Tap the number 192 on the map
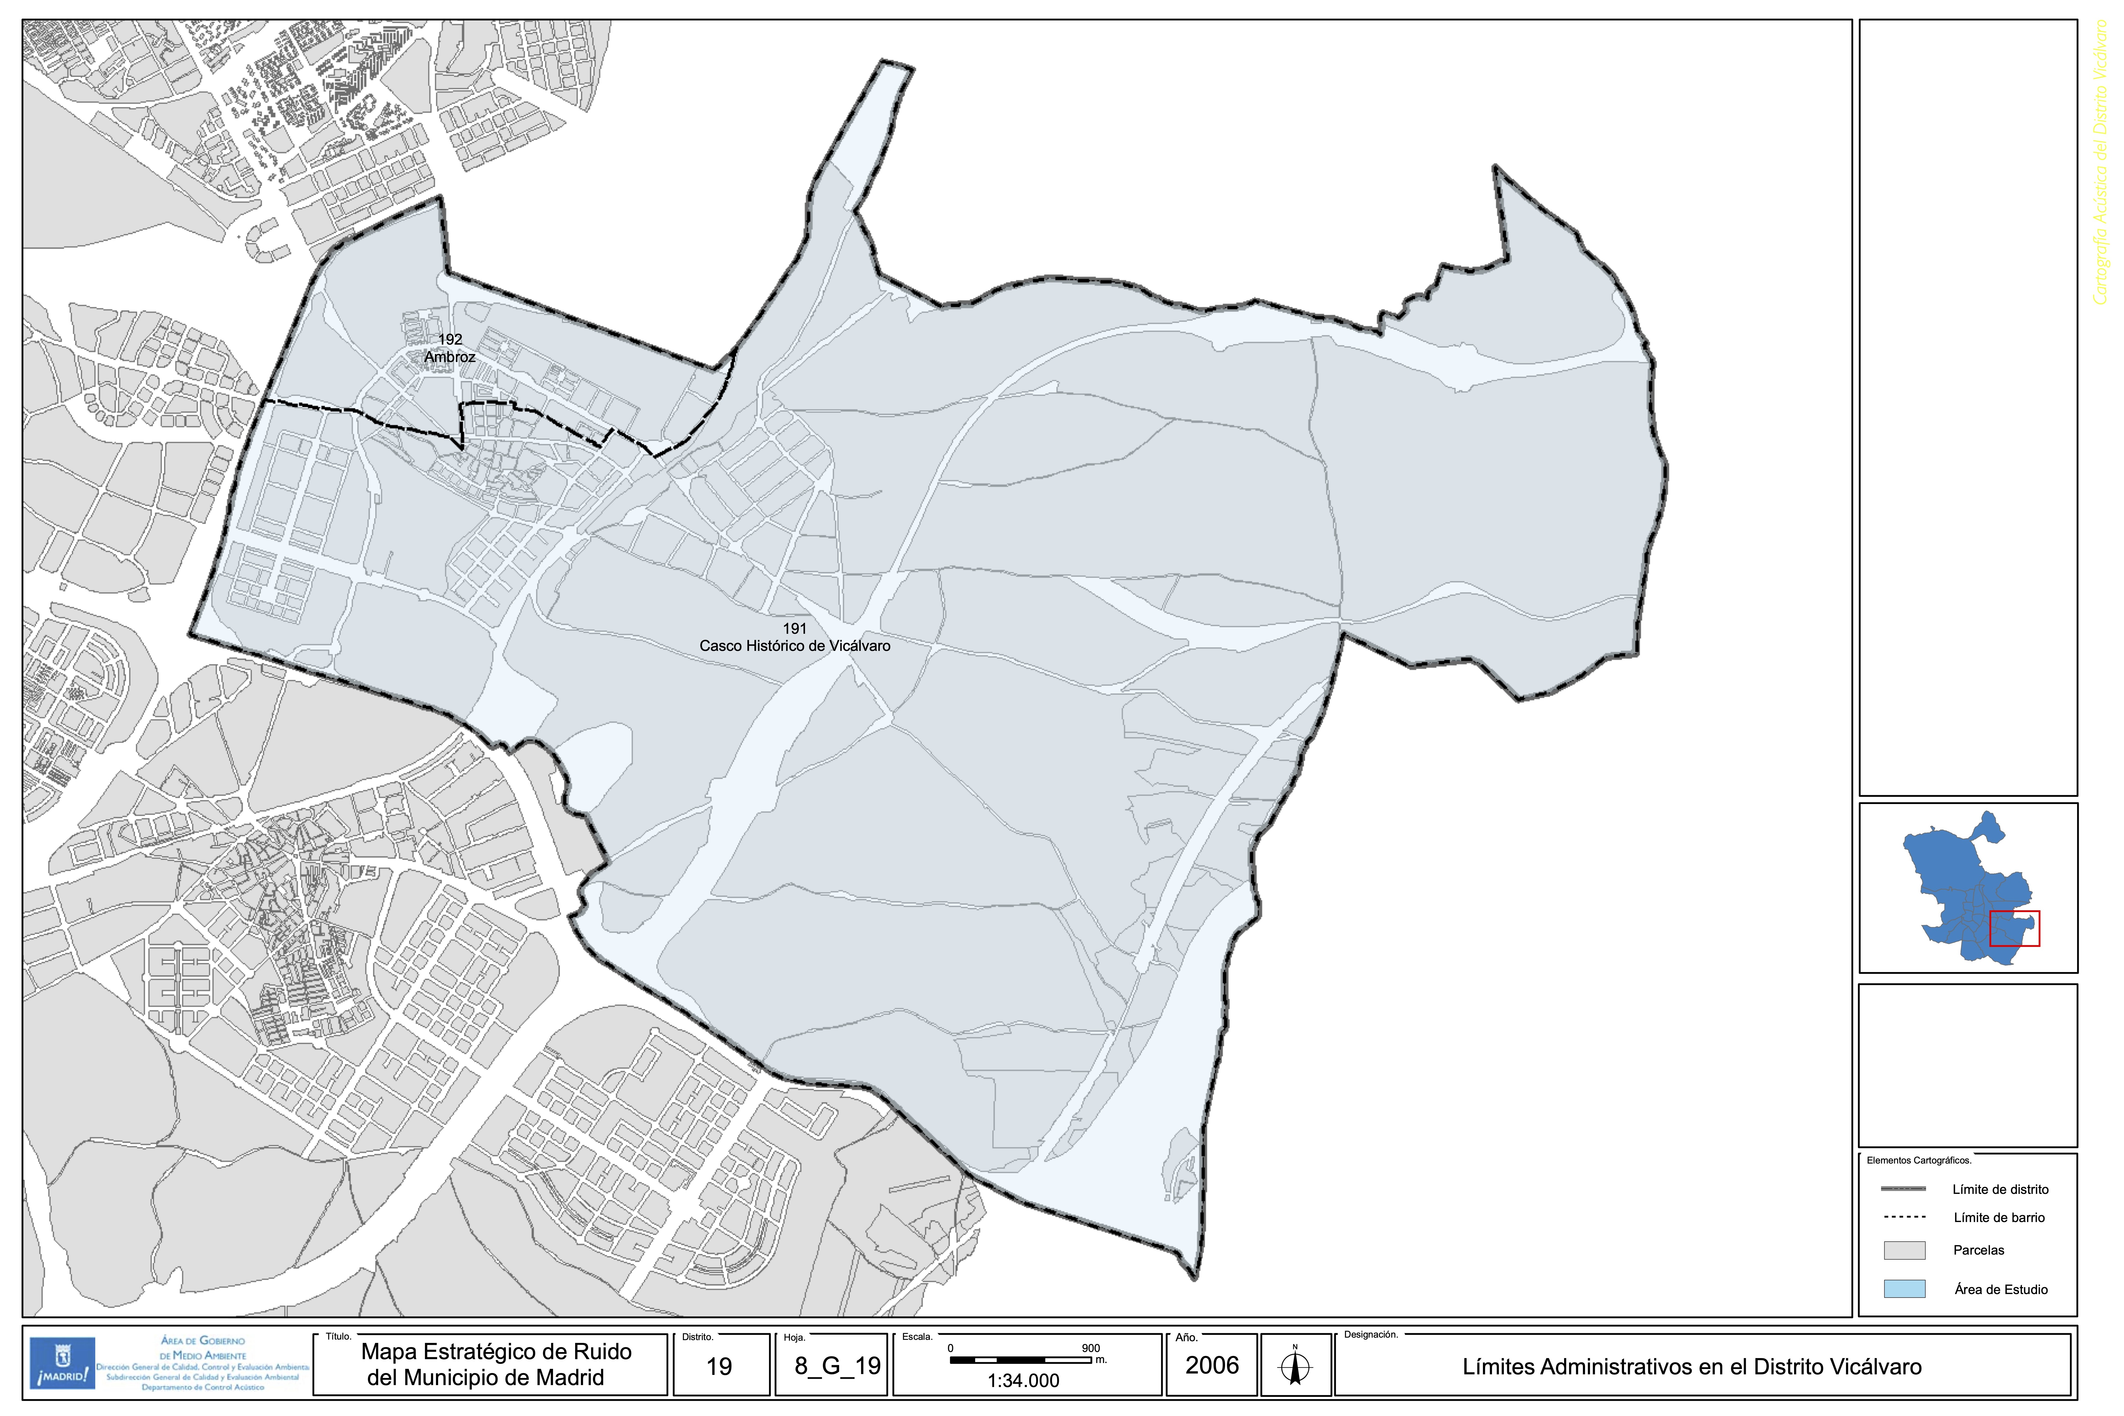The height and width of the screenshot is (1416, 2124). pos(450,340)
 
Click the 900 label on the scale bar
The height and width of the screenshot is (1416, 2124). pos(1091,1348)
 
